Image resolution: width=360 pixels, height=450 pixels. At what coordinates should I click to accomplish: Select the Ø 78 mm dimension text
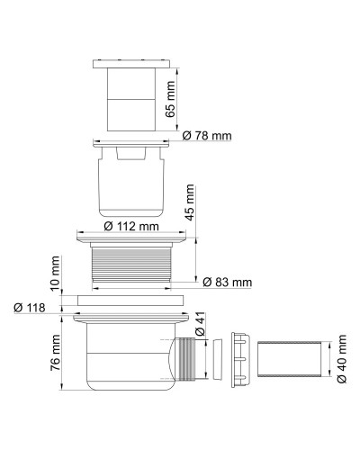point(206,135)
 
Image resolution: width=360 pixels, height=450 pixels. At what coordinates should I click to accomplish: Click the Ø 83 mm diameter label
point(226,282)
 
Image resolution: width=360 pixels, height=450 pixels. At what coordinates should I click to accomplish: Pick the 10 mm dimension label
point(56,271)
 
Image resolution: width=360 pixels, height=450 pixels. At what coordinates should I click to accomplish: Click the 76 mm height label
point(56,352)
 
